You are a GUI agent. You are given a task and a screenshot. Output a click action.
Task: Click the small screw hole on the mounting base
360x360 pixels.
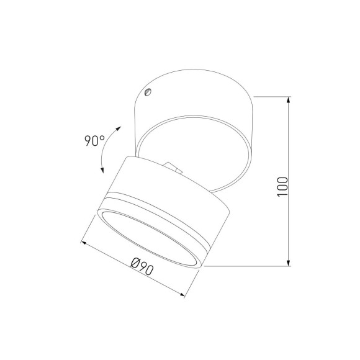tap(147, 92)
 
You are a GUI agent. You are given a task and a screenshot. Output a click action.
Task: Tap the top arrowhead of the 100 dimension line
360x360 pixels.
tap(290, 100)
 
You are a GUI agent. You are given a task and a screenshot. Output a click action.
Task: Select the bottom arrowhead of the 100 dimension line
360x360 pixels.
tap(290, 263)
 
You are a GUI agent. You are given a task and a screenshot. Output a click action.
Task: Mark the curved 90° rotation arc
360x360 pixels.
tap(104, 149)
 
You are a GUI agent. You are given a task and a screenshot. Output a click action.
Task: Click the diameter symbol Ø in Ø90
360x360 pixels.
tap(135, 266)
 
